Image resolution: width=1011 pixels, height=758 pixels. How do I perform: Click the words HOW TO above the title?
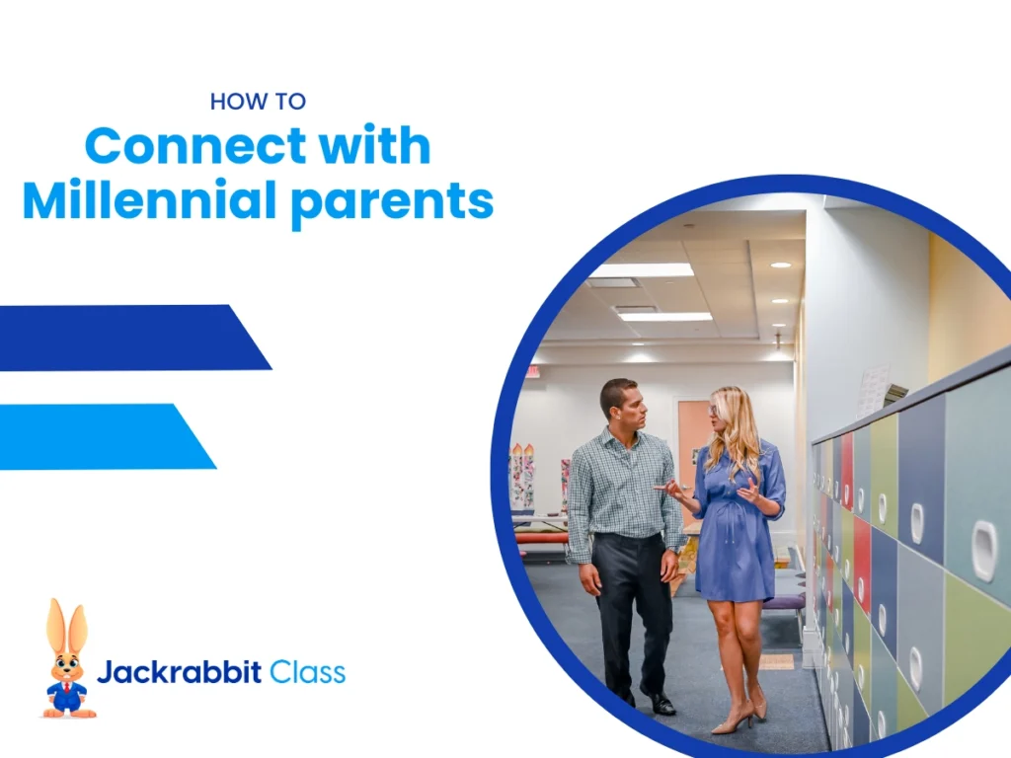click(258, 101)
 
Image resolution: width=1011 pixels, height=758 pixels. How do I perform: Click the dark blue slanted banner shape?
click(128, 338)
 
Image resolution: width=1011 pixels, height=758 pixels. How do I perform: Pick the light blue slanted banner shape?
click(99, 436)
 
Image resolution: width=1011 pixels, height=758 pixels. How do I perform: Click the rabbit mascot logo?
click(67, 659)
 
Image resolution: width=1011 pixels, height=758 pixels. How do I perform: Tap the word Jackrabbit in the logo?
click(179, 673)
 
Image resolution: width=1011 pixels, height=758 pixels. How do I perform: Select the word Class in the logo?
click(307, 673)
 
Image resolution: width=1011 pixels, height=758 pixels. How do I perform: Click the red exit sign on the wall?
click(533, 372)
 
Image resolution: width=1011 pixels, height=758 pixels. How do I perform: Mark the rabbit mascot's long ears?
click(66, 626)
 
